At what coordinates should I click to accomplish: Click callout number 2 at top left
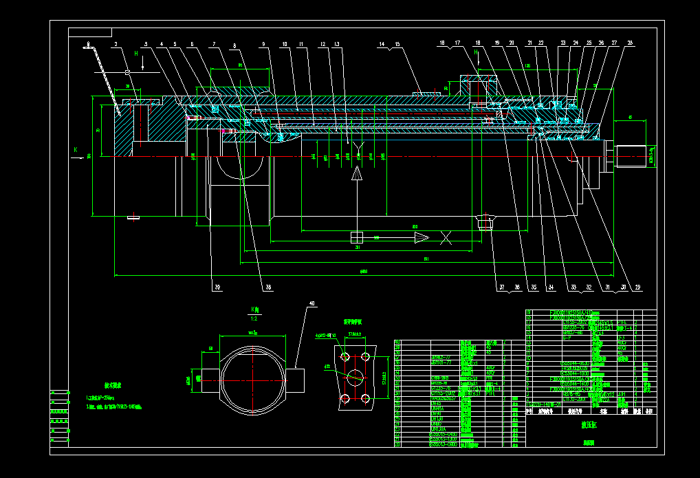pyautogui.click(x=116, y=44)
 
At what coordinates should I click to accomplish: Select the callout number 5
pyautogui.click(x=175, y=44)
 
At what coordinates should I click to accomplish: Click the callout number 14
pyautogui.click(x=381, y=44)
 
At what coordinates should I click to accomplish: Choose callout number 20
pyautogui.click(x=511, y=43)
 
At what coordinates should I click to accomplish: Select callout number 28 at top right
pyautogui.click(x=629, y=43)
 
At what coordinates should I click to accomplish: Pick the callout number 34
pyautogui.click(x=550, y=287)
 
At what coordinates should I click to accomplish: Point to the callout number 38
pyautogui.click(x=269, y=287)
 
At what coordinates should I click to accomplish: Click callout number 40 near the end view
pyautogui.click(x=311, y=304)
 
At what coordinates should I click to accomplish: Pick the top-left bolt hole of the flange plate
pyautogui.click(x=344, y=356)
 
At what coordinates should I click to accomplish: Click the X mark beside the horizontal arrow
pyautogui.click(x=446, y=238)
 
